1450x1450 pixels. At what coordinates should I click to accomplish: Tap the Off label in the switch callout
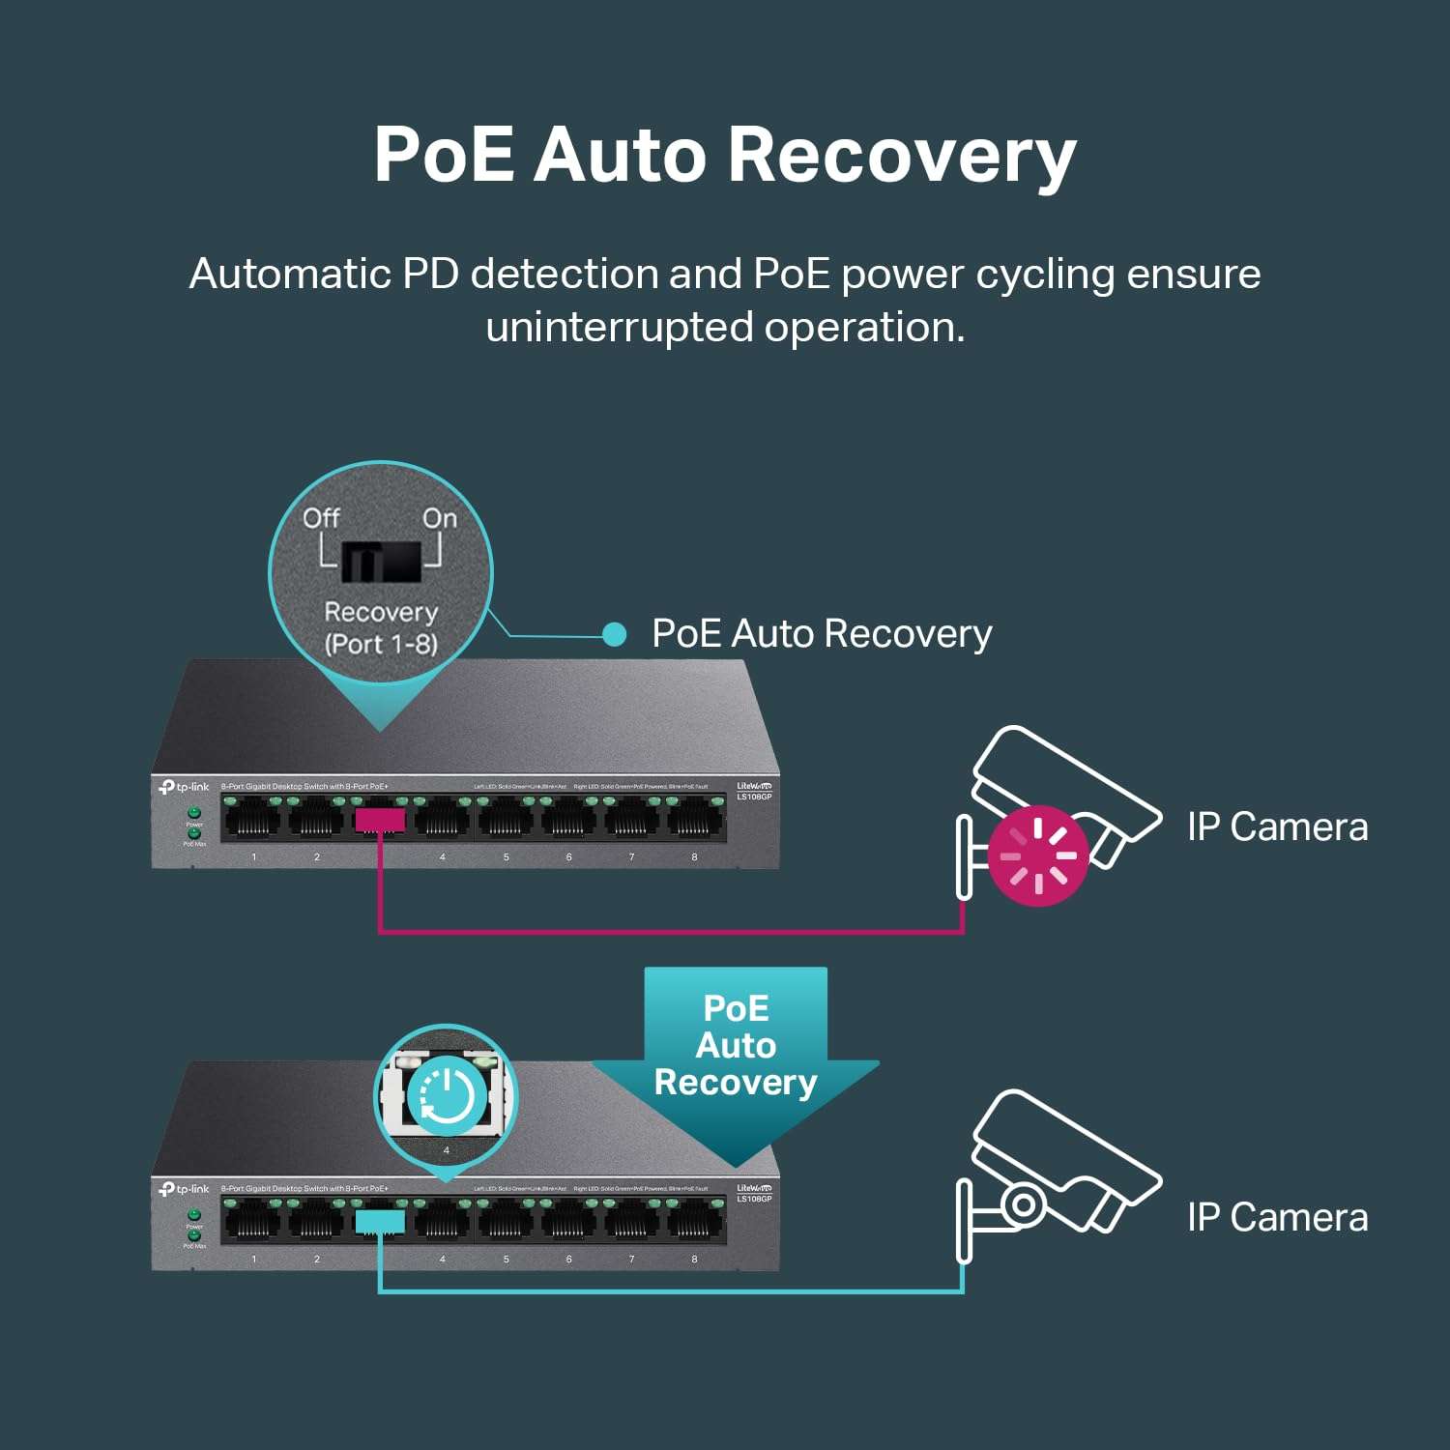321,518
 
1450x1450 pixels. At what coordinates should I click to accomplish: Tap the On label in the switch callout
440,518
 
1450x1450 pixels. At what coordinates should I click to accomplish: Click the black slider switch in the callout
381,561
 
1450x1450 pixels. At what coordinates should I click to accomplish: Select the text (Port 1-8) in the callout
381,644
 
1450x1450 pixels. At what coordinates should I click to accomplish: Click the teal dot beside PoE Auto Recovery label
614,634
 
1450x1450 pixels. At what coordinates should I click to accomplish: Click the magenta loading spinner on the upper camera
1038,855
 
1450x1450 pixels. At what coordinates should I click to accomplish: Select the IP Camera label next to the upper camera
1277,827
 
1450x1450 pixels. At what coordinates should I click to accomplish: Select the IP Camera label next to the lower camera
1277,1218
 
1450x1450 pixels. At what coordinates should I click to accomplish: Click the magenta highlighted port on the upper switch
380,822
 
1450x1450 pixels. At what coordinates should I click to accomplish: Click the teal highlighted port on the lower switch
380,1223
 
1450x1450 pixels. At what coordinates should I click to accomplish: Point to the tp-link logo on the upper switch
185,787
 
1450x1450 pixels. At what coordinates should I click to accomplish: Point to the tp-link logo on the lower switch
185,1189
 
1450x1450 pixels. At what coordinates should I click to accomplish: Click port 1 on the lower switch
253,1223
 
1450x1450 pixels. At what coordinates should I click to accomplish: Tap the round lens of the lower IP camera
1023,1204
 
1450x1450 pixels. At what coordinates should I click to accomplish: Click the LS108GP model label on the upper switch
754,797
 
